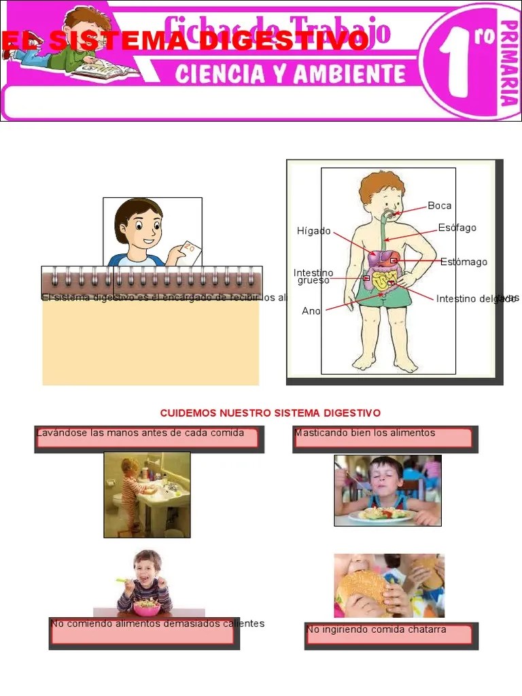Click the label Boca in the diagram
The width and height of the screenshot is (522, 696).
(x=440, y=206)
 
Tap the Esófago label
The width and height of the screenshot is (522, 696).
(x=457, y=228)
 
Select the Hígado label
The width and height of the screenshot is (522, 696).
(x=313, y=231)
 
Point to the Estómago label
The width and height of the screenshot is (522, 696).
(x=464, y=262)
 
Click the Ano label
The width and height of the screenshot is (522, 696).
(x=311, y=311)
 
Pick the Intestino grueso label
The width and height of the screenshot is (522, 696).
(x=313, y=277)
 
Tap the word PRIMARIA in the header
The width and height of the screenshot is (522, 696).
(x=508, y=63)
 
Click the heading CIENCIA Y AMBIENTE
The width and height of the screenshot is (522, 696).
(x=290, y=73)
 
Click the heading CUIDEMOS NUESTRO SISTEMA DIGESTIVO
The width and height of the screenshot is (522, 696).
(x=270, y=413)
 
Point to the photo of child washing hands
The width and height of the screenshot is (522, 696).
(x=147, y=494)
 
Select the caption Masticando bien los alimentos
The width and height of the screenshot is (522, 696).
(x=365, y=433)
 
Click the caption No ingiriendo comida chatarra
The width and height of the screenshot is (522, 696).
(x=377, y=629)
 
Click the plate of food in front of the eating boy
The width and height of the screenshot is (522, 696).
(x=381, y=515)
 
